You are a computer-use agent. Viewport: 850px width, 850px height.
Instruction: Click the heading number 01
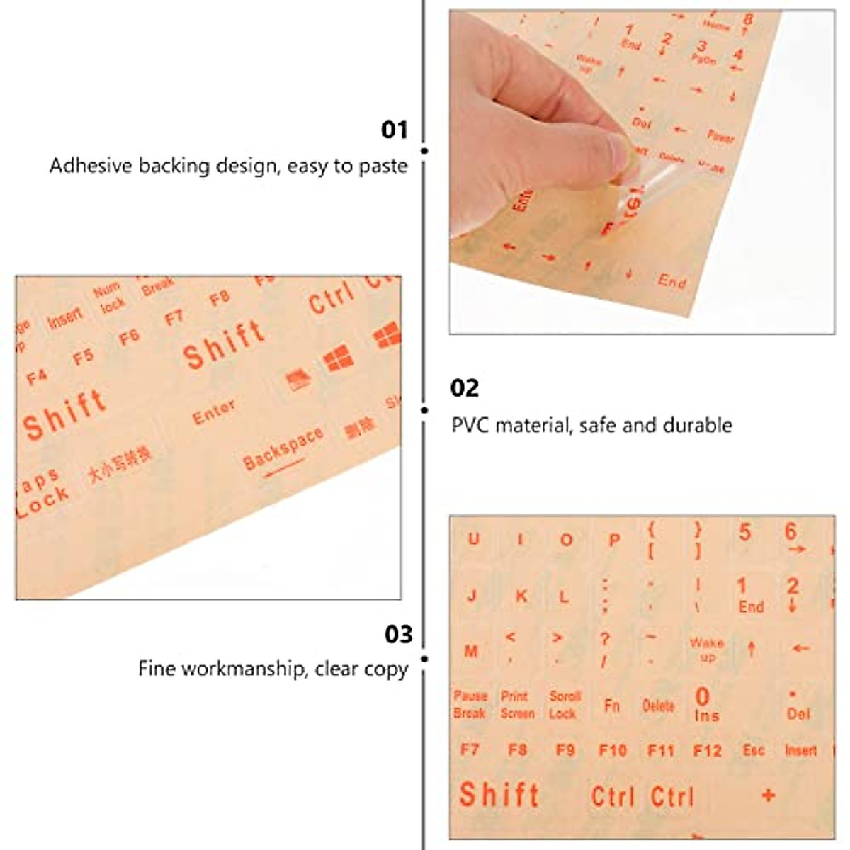(395, 130)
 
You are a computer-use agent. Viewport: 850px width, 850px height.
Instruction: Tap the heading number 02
(465, 387)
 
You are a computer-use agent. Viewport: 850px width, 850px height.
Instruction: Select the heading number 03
(398, 634)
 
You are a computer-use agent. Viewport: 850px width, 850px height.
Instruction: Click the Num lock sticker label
(109, 297)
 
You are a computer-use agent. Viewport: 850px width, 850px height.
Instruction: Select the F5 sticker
(83, 356)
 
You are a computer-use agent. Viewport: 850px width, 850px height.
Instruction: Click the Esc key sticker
(753, 749)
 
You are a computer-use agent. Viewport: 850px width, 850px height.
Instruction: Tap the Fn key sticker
(612, 705)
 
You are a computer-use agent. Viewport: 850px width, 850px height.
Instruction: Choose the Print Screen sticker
(517, 705)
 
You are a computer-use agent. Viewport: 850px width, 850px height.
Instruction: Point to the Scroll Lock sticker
(564, 705)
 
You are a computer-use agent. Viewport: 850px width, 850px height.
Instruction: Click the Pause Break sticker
(470, 705)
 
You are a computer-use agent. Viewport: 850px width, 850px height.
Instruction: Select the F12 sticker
(706, 750)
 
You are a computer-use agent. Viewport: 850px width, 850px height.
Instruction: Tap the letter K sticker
(521, 596)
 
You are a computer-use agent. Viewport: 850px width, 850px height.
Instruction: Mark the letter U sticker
(473, 539)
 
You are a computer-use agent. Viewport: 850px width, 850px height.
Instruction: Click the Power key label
(720, 136)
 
